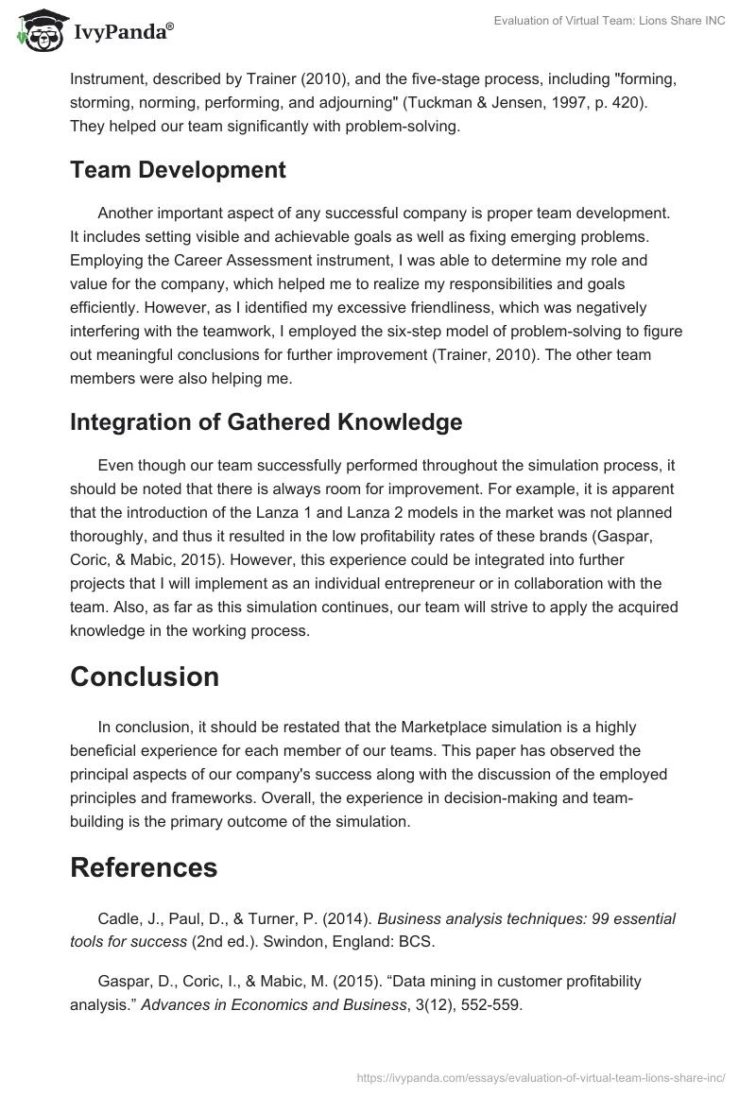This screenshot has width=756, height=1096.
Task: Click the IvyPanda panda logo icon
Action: pyautogui.click(x=39, y=28)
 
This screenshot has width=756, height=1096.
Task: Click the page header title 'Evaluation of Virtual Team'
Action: pyautogui.click(x=610, y=21)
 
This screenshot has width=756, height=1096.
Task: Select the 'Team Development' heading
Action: pyautogui.click(x=178, y=170)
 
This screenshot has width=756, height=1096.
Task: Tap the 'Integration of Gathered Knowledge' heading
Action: pyautogui.click(x=266, y=422)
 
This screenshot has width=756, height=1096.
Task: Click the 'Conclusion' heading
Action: pyautogui.click(x=145, y=676)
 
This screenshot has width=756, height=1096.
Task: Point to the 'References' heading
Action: pyautogui.click(x=144, y=866)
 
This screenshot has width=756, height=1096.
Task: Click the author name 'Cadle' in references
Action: pyautogui.click(x=119, y=918)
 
